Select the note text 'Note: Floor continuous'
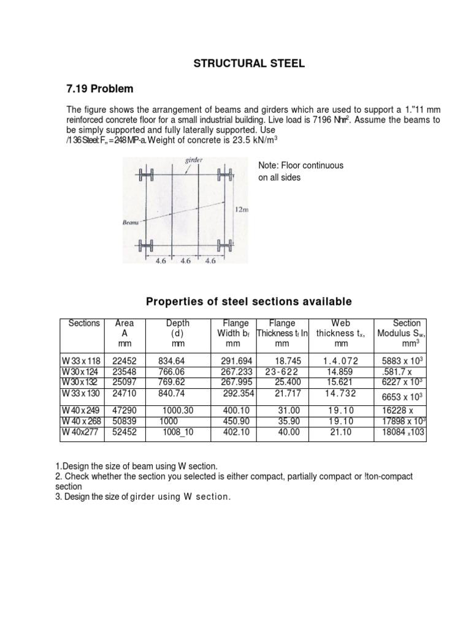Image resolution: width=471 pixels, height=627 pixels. click(x=302, y=165)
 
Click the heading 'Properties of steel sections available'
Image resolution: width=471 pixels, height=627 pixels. click(x=248, y=301)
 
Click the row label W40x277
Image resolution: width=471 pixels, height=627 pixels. click(x=80, y=433)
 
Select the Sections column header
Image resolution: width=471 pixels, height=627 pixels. click(x=83, y=323)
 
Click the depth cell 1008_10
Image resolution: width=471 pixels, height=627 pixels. click(x=177, y=433)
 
